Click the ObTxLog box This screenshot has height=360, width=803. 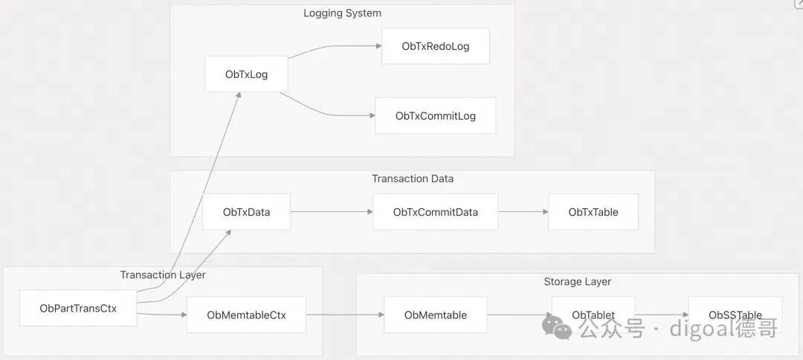[x=246, y=74]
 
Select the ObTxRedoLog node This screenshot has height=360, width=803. [x=435, y=46]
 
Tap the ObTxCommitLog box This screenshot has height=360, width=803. [x=435, y=116]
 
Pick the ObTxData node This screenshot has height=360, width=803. [x=246, y=211]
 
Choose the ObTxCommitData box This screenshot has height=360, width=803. [x=435, y=211]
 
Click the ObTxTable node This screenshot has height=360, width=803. [x=593, y=211]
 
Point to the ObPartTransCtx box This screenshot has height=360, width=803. [x=78, y=308]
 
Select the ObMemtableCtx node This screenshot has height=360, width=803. [x=246, y=315]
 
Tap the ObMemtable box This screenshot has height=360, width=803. [x=435, y=315]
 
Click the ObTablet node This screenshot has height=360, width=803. [x=593, y=315]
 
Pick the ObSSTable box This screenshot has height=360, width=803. [x=735, y=315]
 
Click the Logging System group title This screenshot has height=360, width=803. [x=342, y=13]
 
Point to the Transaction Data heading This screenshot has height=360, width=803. [x=412, y=179]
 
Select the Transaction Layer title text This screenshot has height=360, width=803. [x=163, y=275]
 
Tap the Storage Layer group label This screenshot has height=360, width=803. [x=577, y=282]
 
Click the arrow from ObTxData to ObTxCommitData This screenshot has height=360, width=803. [x=332, y=211]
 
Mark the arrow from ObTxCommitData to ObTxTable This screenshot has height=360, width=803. [x=523, y=211]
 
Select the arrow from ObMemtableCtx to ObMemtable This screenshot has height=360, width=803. [x=345, y=315]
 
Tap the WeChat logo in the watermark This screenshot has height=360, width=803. [x=557, y=327]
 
